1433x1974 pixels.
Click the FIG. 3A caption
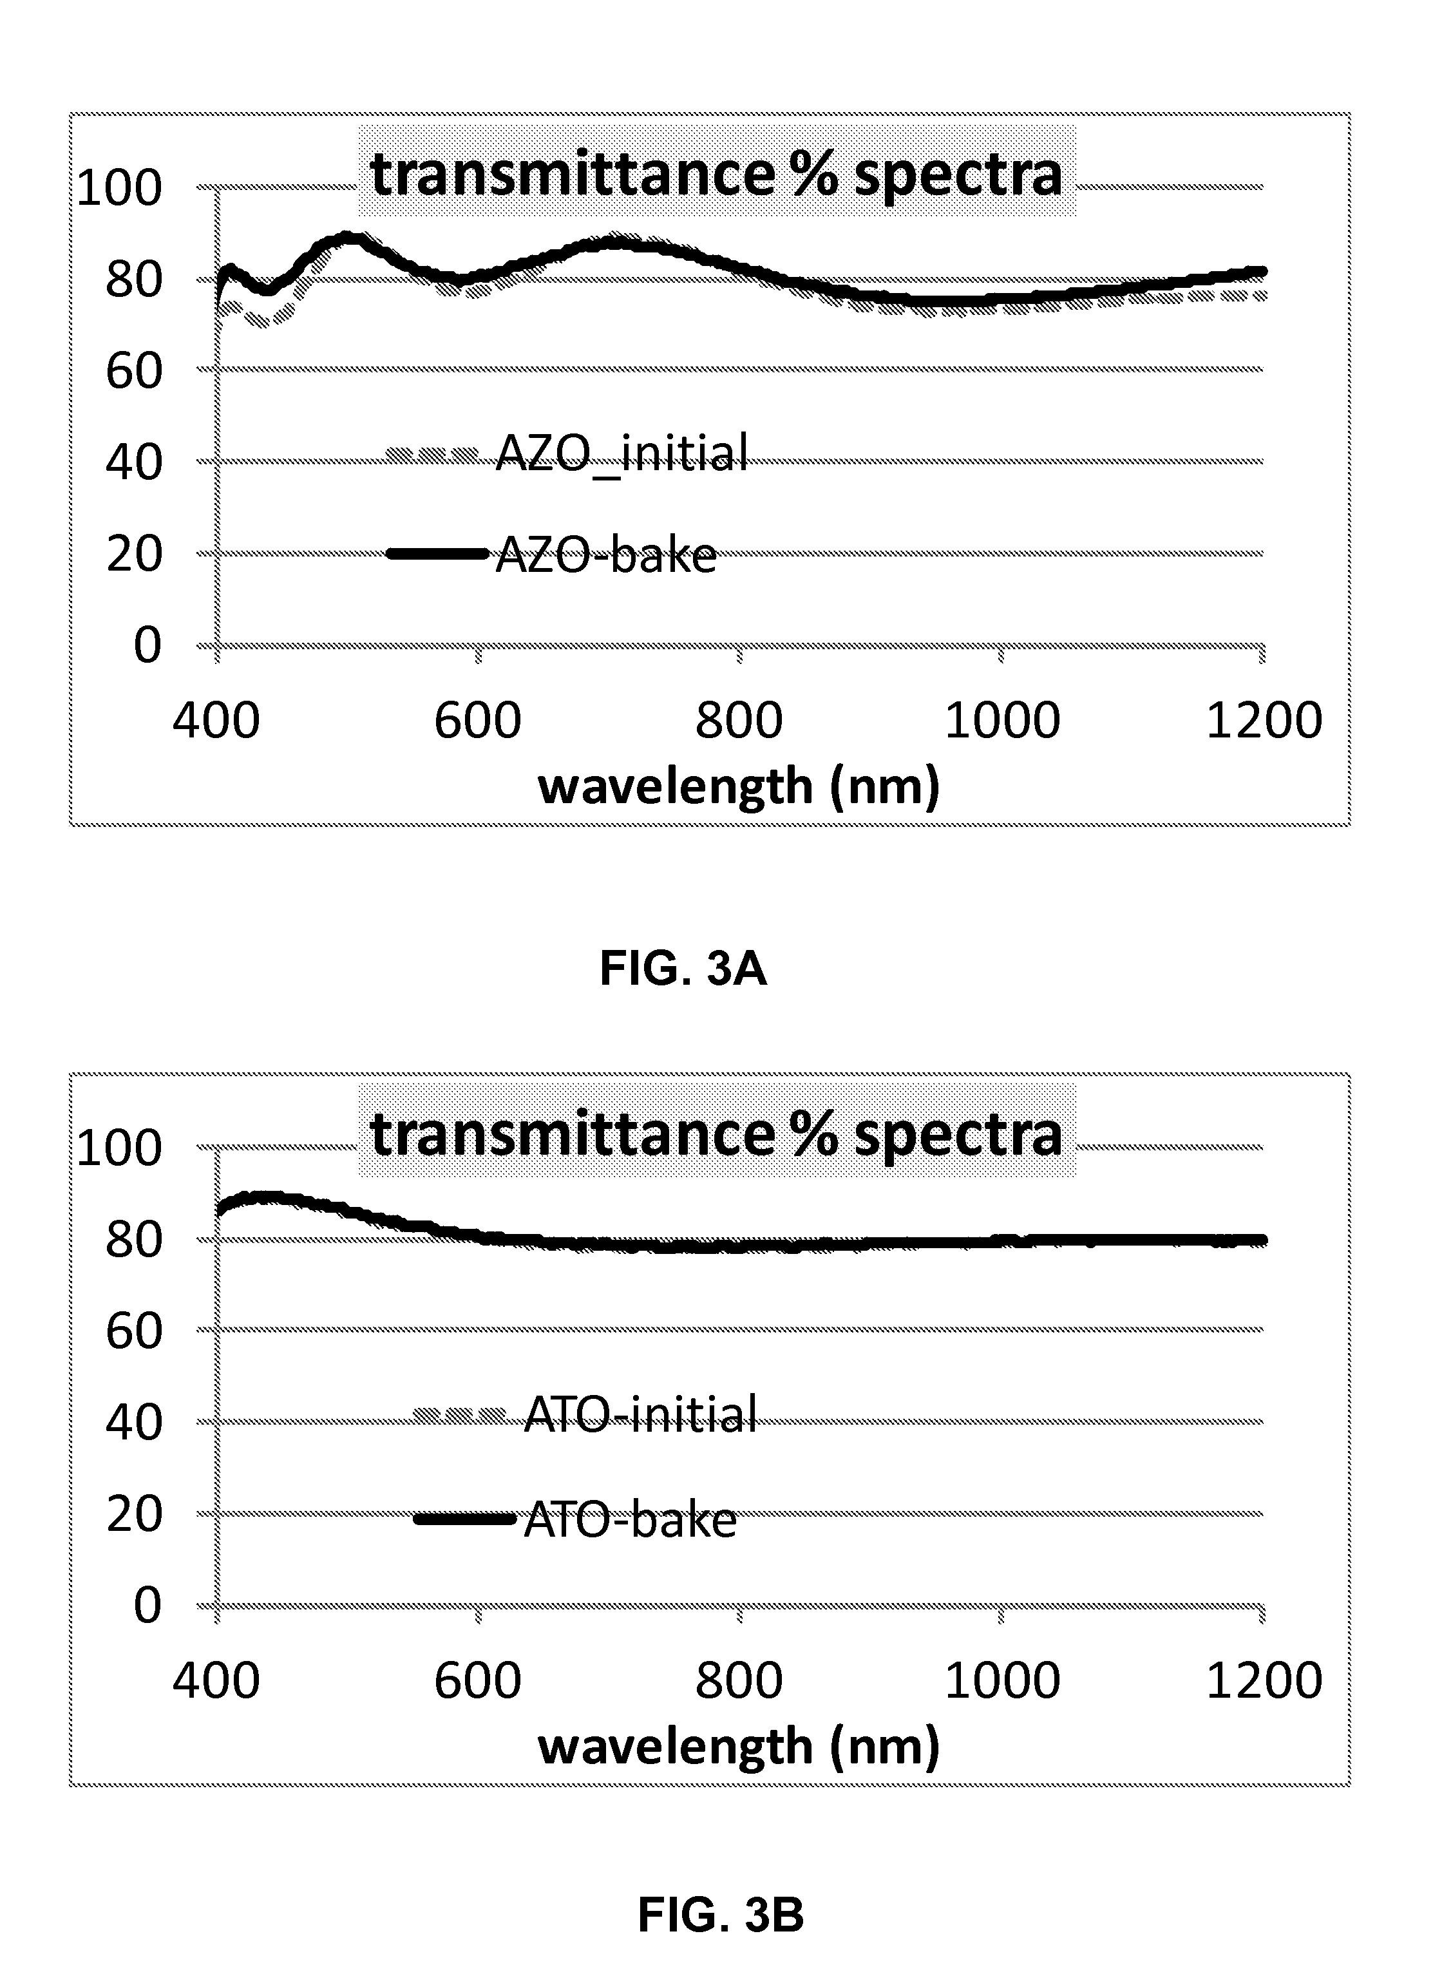pos(683,969)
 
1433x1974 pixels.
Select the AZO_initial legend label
pos(621,453)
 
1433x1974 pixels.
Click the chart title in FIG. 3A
pos(716,173)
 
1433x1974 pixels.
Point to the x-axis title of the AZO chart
pos(739,786)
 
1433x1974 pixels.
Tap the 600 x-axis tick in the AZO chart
pos(477,721)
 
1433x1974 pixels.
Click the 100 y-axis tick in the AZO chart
pos(119,188)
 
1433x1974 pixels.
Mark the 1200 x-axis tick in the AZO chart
pos(1263,721)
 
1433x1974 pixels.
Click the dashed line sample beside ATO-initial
pos(459,1414)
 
